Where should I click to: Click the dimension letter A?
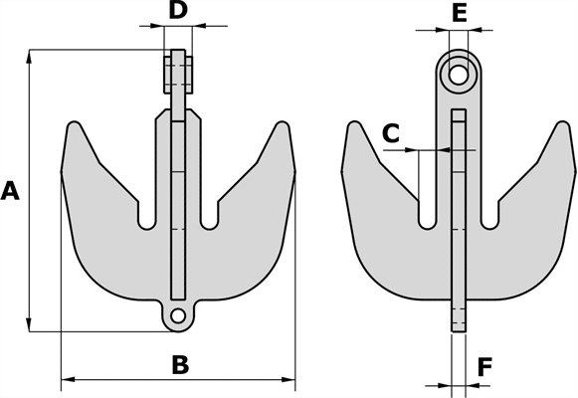[x=10, y=191]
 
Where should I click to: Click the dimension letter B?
[x=180, y=364]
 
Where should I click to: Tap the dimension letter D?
[x=178, y=10]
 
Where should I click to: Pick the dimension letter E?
[x=459, y=13]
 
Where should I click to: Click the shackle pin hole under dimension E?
[x=459, y=75]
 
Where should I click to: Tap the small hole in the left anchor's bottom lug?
[x=178, y=315]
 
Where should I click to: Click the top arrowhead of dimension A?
[x=29, y=57]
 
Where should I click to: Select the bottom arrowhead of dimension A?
[x=29, y=323]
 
